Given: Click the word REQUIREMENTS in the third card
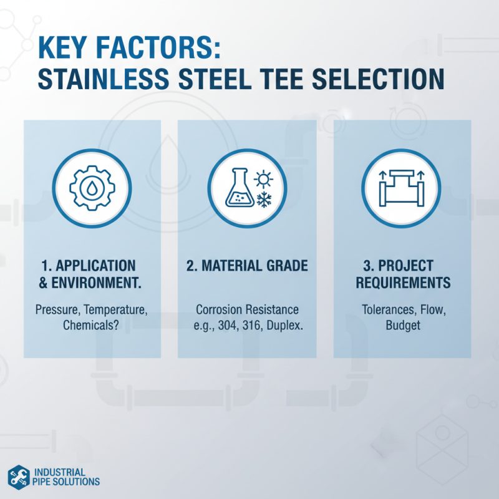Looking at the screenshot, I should tap(402, 283).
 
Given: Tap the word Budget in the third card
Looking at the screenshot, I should tap(402, 326).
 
